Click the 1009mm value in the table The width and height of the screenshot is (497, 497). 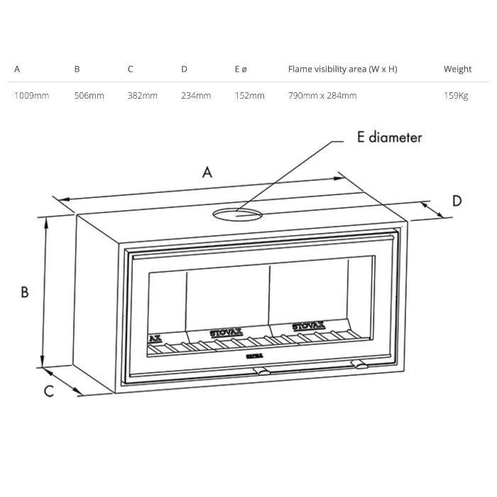point(32,95)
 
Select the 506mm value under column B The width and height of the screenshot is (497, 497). point(89,95)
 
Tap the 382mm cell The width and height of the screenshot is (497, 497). point(142,95)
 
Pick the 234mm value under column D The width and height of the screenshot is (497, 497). point(196,95)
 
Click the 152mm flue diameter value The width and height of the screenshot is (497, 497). point(249,95)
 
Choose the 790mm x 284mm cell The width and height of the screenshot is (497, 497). point(322,95)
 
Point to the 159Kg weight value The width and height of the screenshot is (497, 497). point(456,96)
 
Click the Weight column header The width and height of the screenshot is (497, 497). point(457,69)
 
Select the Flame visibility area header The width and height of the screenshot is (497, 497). point(343,69)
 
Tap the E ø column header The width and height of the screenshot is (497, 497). point(241,69)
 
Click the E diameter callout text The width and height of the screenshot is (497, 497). point(390,138)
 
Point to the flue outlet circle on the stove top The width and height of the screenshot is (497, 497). point(237,209)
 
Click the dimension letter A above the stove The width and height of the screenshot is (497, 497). point(207,173)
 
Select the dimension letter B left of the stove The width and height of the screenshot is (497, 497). point(24,292)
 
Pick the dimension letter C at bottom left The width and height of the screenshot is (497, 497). point(49,391)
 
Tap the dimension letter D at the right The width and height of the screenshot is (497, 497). point(457,201)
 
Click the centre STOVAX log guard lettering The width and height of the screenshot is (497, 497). point(226,332)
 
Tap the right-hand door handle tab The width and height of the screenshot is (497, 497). point(359,364)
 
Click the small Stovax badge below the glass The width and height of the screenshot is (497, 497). point(254,356)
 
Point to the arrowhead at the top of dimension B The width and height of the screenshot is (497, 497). point(46,223)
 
